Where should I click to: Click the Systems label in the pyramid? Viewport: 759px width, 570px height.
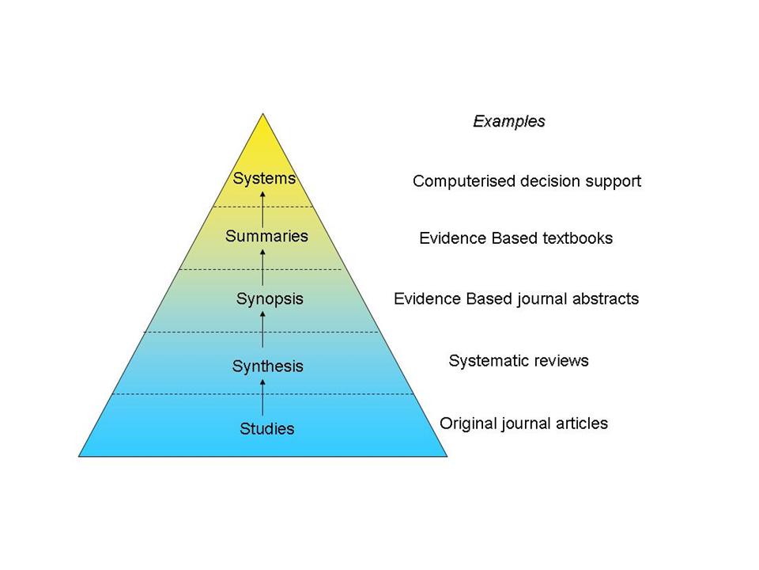[264, 179]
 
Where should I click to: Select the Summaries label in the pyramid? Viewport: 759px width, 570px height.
[266, 236]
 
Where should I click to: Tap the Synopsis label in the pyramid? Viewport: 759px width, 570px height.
[270, 299]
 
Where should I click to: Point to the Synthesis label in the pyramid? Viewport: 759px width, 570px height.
[267, 367]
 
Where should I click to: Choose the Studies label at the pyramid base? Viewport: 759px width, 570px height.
[266, 429]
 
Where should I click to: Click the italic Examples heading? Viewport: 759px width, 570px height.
[509, 122]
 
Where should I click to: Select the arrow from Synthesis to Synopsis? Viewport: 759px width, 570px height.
[263, 332]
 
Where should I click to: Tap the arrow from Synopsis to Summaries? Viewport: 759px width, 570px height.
[263, 267]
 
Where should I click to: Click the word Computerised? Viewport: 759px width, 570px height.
[464, 181]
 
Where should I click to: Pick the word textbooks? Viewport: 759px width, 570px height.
[576, 238]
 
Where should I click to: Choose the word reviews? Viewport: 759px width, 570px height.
[561, 361]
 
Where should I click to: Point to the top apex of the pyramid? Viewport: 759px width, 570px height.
[263, 115]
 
